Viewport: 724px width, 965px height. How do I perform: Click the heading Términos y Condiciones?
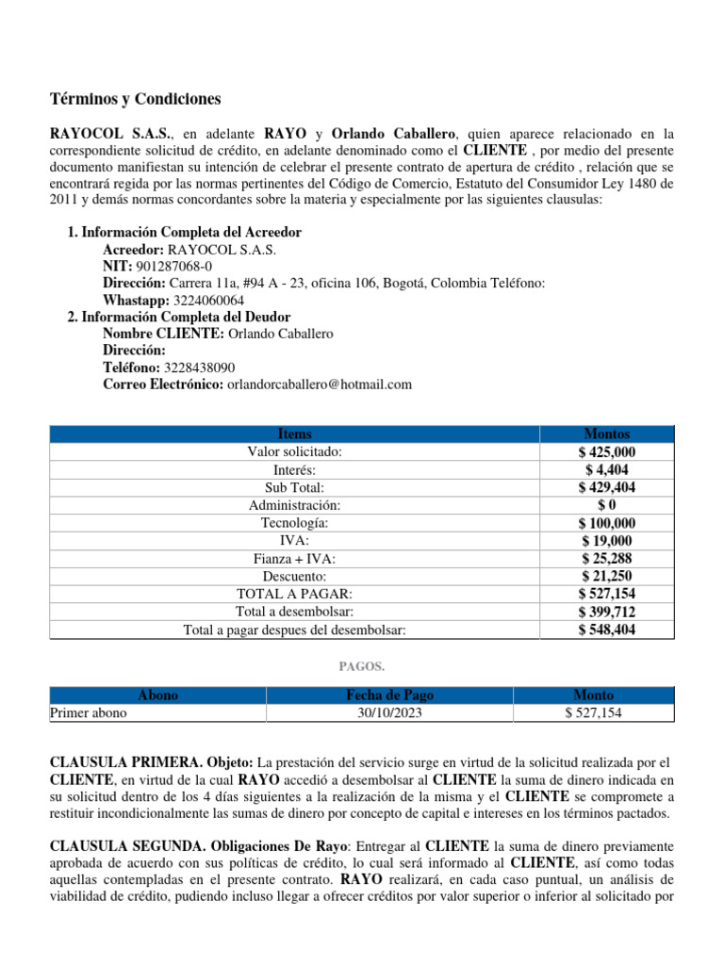135,99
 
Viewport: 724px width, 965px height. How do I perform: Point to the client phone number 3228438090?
200,368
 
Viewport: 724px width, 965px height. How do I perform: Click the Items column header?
294,434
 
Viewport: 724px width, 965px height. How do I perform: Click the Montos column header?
606,434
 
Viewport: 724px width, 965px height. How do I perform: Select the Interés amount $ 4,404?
606,470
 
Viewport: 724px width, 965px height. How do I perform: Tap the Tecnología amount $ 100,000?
606,523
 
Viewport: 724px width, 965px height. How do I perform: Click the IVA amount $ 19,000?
606,541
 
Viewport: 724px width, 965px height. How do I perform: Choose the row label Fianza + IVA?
294,559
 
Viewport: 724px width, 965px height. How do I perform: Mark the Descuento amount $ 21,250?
606,577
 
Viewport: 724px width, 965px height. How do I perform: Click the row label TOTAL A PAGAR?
294,595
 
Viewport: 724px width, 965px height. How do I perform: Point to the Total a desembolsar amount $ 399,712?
606,613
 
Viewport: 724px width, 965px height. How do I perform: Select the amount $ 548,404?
606,630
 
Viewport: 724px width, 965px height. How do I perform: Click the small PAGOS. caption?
361,666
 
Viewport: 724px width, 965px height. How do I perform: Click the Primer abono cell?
89,713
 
